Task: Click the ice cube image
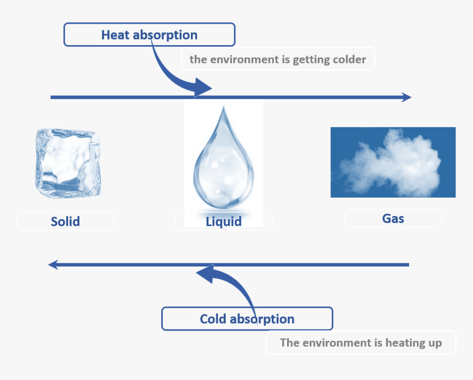pos(68,163)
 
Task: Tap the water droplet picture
pos(223,160)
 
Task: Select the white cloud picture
pos(393,162)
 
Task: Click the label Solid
pos(65,221)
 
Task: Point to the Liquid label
pos(223,222)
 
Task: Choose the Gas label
pos(393,219)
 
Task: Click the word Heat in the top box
pos(116,35)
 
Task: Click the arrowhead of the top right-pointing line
pos(407,97)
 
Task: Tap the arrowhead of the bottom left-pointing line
pos(53,265)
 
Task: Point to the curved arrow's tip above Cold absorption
pos(199,271)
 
